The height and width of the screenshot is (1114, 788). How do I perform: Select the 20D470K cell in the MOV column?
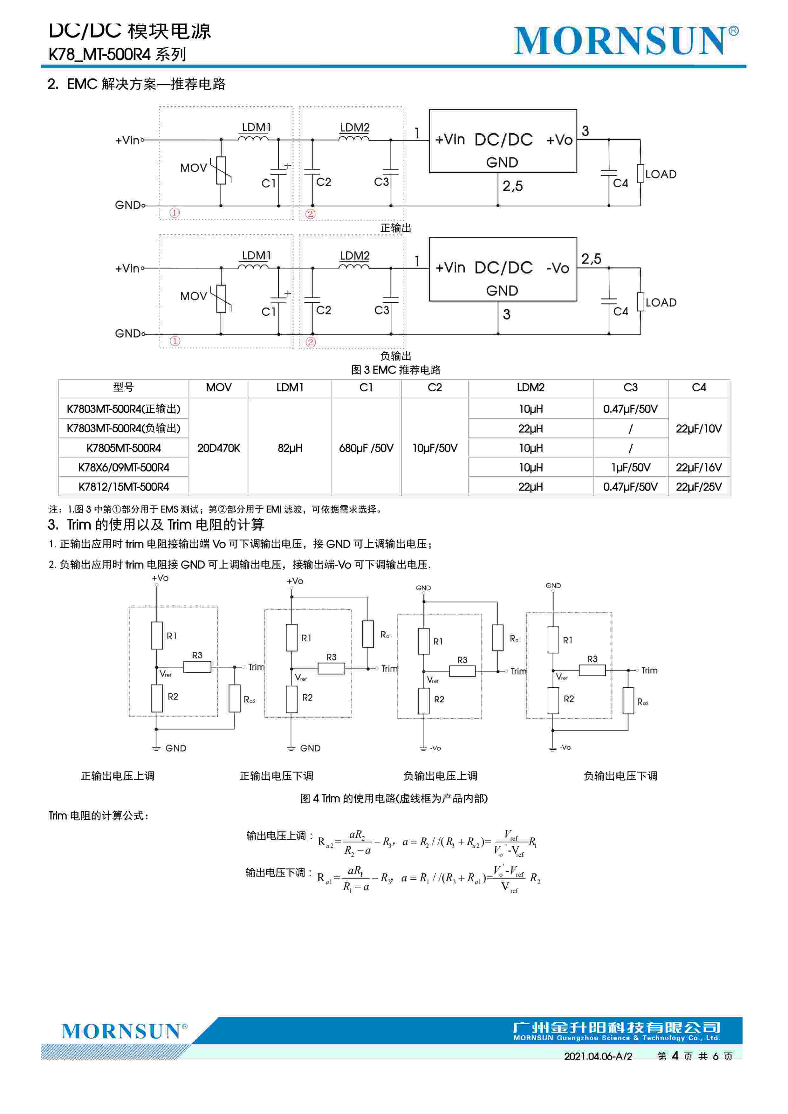(218, 448)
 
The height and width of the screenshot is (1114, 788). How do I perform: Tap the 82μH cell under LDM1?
(290, 448)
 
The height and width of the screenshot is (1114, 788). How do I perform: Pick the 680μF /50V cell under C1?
(366, 448)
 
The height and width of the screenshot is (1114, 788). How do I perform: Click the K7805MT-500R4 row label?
(123, 448)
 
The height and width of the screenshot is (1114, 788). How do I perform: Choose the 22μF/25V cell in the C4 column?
(698, 487)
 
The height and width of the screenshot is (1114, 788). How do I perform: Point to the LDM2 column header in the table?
(530, 388)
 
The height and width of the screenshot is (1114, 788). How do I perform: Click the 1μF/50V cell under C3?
(630, 467)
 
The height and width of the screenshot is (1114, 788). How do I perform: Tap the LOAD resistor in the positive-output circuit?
(641, 174)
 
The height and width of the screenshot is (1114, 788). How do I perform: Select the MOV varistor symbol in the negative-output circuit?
(221, 299)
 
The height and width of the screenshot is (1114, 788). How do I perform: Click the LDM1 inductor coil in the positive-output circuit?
(253, 139)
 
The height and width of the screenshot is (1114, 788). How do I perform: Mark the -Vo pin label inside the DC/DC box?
(558, 268)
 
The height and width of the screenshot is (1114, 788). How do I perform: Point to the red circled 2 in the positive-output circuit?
(311, 213)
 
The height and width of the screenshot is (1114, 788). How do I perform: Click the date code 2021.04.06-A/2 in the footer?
(598, 1056)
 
